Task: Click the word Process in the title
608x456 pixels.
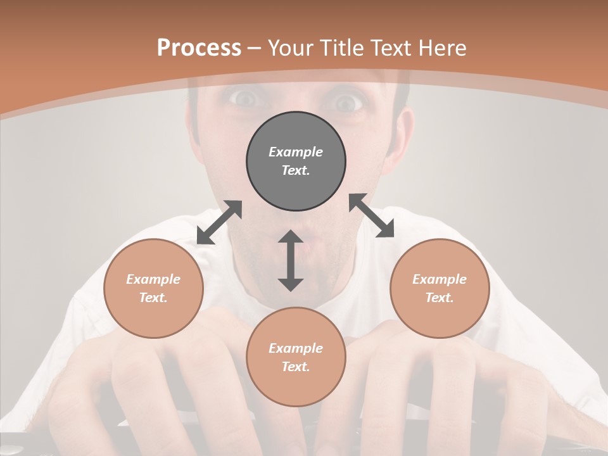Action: (x=199, y=48)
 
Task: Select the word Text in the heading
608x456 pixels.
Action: (x=391, y=48)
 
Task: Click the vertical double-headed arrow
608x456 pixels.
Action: (x=291, y=260)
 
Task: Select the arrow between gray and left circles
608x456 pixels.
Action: (x=219, y=222)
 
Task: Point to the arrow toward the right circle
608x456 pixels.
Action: (x=372, y=215)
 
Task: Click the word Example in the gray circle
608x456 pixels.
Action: (x=296, y=152)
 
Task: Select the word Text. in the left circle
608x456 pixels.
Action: (x=153, y=298)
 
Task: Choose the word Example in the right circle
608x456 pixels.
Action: (x=440, y=279)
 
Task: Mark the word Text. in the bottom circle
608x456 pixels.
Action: (x=296, y=367)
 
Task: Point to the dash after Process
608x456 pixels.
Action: (x=254, y=49)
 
